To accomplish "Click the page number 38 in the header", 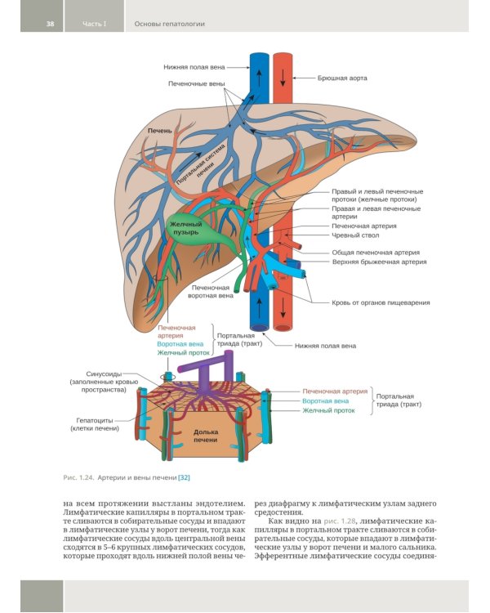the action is click(x=50, y=24).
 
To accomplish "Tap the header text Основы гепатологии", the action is click(x=170, y=24).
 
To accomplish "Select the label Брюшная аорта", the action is click(x=342, y=78).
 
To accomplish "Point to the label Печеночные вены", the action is click(x=197, y=83).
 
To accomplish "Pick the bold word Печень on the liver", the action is click(x=159, y=131).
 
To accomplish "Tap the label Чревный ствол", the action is click(x=355, y=235).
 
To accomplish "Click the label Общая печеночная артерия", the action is click(x=376, y=253).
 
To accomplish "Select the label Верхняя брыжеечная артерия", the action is click(x=380, y=262).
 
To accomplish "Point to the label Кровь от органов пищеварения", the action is click(x=381, y=302).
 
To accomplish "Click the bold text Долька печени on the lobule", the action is click(x=206, y=436).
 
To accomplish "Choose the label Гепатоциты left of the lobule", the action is click(x=95, y=421).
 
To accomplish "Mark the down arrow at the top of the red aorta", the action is click(x=283, y=79).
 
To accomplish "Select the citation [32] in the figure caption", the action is click(x=184, y=477).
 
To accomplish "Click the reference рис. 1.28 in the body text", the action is click(x=340, y=521).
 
